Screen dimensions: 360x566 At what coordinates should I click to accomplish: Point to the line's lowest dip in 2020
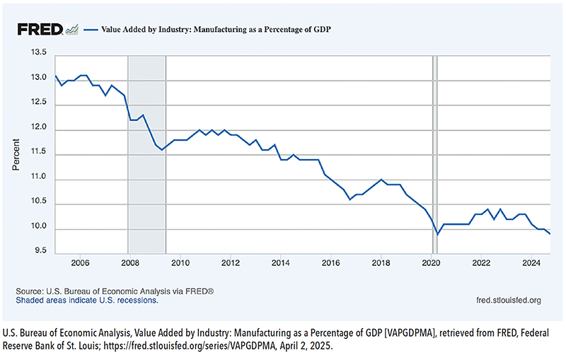(x=437, y=234)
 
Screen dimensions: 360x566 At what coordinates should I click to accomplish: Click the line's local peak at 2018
(x=381, y=180)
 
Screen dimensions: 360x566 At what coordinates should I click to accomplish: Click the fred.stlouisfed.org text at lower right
(x=509, y=300)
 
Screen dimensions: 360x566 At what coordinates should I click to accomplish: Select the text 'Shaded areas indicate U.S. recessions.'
(x=87, y=300)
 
